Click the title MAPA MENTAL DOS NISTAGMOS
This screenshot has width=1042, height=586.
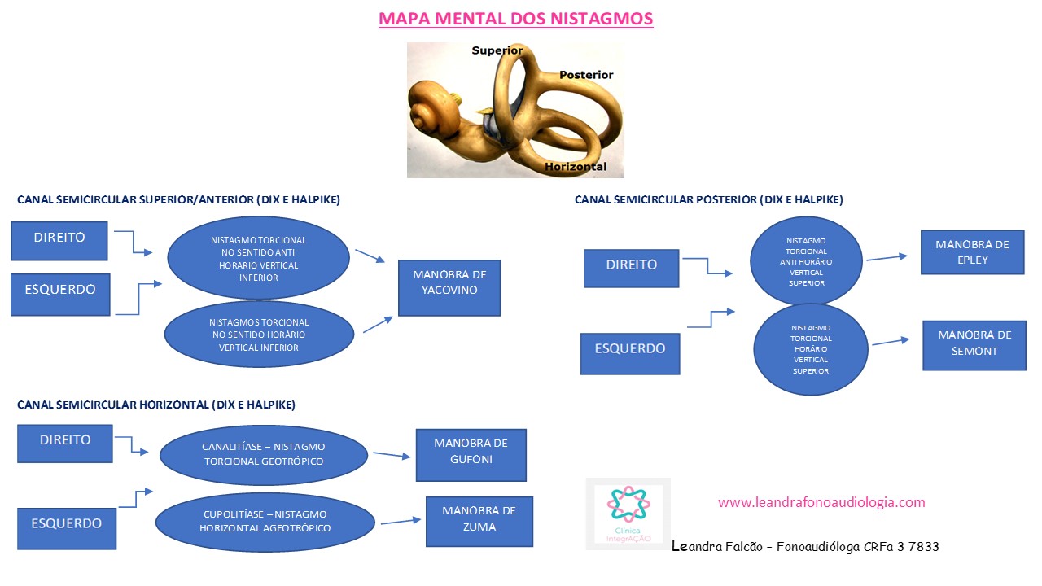point(515,18)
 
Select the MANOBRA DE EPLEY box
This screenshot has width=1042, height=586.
point(972,251)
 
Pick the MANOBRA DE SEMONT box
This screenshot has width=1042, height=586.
point(974,344)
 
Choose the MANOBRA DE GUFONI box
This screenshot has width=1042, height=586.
point(471,455)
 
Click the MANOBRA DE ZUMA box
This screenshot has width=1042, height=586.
point(479,521)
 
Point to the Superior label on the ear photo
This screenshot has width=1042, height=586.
point(497,50)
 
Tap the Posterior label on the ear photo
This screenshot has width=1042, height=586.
point(586,75)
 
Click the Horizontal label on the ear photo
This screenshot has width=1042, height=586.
point(576,167)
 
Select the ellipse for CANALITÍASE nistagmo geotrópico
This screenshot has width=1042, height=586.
point(263,455)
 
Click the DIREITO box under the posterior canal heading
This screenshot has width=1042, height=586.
point(631,268)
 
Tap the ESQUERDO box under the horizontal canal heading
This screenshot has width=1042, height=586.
point(67,527)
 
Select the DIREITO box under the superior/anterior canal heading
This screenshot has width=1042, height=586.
point(59,240)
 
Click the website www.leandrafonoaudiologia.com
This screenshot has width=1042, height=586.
point(821,502)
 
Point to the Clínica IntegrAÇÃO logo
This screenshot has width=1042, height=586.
point(628,513)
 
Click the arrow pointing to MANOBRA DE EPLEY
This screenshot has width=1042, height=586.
point(887,257)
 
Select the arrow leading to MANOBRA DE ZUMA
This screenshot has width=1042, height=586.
point(399,521)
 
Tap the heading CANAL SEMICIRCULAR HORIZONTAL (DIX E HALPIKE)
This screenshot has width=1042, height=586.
point(156,405)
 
